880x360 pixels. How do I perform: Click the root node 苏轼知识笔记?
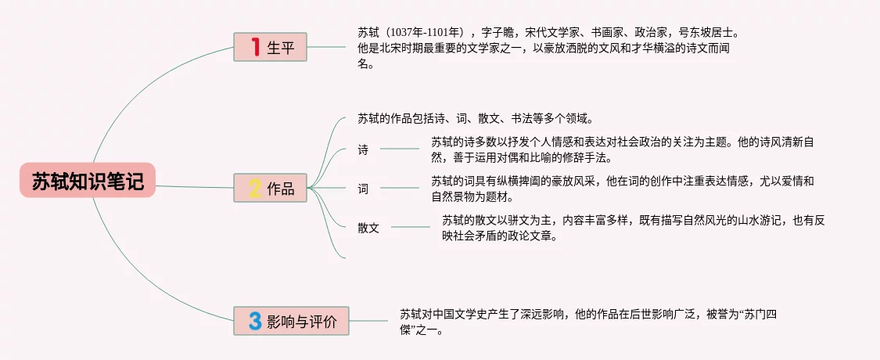[88, 182]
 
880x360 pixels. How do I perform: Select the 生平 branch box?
[270, 47]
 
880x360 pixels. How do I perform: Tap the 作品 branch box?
[270, 188]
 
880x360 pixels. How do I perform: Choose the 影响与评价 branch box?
[292, 321]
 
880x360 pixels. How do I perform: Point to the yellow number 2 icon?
[254, 188]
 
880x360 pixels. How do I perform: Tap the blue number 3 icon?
[254, 321]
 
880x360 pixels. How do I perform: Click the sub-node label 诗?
[363, 150]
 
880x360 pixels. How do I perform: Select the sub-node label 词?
[363, 189]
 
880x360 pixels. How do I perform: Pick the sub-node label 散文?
[368, 229]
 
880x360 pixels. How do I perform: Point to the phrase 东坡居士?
[711, 33]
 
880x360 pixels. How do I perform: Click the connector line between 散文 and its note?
[410, 227]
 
